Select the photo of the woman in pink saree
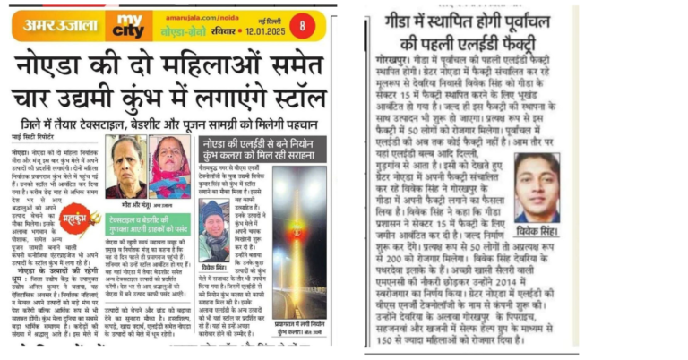click(169, 167)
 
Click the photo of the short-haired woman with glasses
click(126, 167)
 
